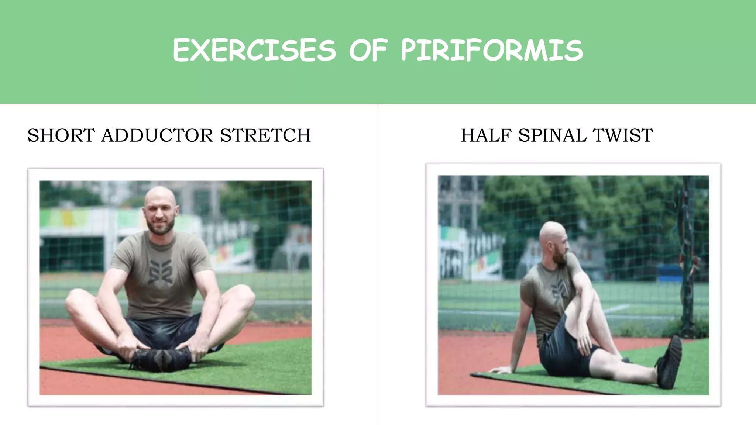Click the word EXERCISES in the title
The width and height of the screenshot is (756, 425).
254,51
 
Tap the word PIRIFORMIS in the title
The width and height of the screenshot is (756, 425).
492,51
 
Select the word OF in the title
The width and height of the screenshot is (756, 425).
369,51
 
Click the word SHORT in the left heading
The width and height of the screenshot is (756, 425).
61,135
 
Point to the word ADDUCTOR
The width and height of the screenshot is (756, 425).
157,135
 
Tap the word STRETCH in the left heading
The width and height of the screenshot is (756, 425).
265,135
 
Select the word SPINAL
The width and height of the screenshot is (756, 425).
553,135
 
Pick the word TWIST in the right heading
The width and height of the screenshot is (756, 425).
623,135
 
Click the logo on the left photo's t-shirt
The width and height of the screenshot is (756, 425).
160,272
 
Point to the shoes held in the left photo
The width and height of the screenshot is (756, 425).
162,359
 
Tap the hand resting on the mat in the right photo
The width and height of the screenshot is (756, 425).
501,369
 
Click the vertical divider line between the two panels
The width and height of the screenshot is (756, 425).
378,258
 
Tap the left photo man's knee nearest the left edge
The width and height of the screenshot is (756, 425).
76,301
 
